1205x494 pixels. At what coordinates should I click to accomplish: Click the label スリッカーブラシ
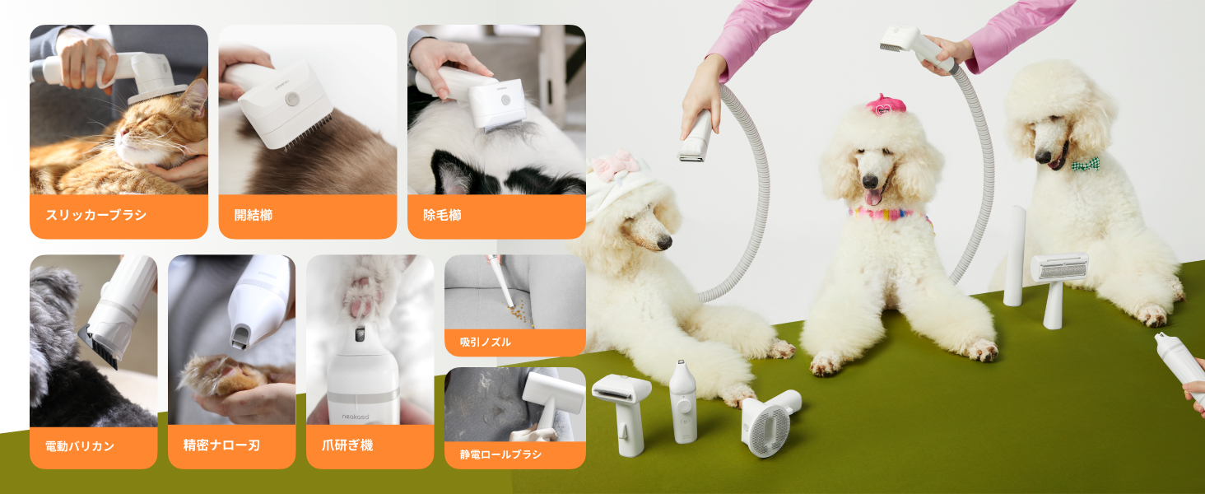tap(95, 215)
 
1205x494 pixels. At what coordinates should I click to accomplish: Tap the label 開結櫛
tap(254, 215)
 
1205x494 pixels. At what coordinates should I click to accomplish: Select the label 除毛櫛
tap(442, 215)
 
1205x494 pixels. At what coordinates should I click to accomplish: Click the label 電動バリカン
tap(80, 446)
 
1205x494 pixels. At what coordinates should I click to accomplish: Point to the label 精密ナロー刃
tap(221, 445)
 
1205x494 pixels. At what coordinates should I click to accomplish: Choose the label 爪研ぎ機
tap(347, 445)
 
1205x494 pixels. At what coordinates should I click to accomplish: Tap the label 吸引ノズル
tap(486, 342)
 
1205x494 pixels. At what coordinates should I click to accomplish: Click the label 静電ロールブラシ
tap(500, 454)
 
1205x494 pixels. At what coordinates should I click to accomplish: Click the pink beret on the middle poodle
tap(886, 105)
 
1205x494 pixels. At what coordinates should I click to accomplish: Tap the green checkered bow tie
tap(1085, 165)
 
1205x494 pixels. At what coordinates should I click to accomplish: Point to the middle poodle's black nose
tap(870, 181)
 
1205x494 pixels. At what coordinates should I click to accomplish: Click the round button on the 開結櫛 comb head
tap(291, 99)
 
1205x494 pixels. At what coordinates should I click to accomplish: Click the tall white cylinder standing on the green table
tap(1014, 256)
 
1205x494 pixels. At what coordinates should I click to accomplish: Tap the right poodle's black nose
tap(1043, 156)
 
